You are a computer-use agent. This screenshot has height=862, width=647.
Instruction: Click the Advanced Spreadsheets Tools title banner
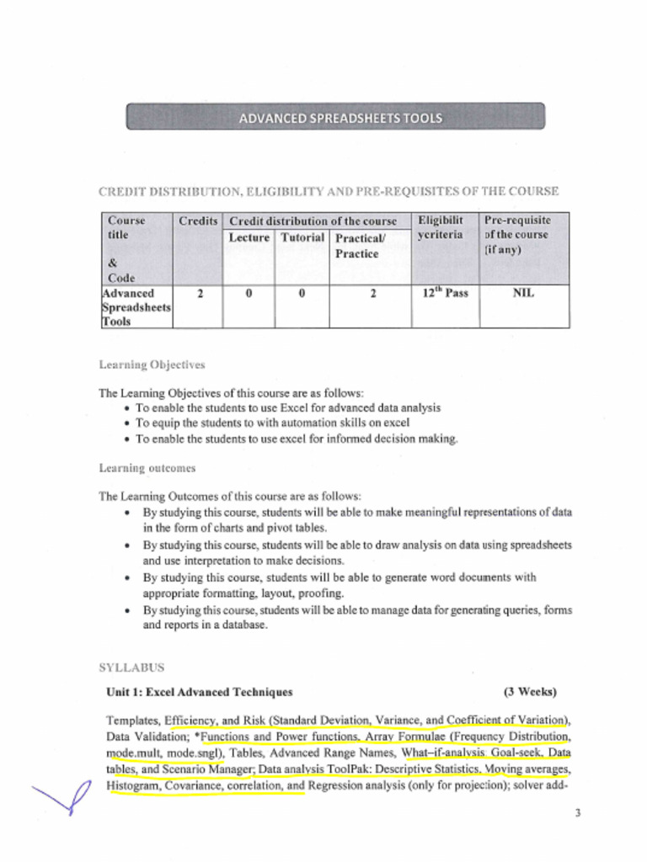click(335, 117)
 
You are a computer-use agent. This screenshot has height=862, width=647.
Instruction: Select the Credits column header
click(198, 221)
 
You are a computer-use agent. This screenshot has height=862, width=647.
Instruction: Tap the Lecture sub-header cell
click(249, 238)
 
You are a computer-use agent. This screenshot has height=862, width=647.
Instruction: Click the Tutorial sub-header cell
click(302, 238)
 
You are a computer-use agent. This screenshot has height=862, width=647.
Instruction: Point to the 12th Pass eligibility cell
click(445, 294)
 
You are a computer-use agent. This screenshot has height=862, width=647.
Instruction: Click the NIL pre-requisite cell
click(523, 294)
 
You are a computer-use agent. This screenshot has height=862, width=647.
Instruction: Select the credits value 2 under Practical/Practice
click(372, 295)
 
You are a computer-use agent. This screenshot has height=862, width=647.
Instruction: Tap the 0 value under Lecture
click(249, 295)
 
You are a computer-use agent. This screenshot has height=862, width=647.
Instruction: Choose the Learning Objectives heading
click(152, 365)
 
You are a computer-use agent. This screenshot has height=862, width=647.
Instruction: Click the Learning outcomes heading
click(147, 468)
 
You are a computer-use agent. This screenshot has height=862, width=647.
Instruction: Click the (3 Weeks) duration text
click(530, 693)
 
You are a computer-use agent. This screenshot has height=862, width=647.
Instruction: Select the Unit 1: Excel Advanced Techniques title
click(200, 693)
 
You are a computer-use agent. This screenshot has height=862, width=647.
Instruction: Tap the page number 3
click(577, 813)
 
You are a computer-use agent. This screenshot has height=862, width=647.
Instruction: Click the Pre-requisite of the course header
click(516, 235)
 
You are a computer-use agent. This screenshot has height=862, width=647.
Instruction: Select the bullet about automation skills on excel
click(272, 423)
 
